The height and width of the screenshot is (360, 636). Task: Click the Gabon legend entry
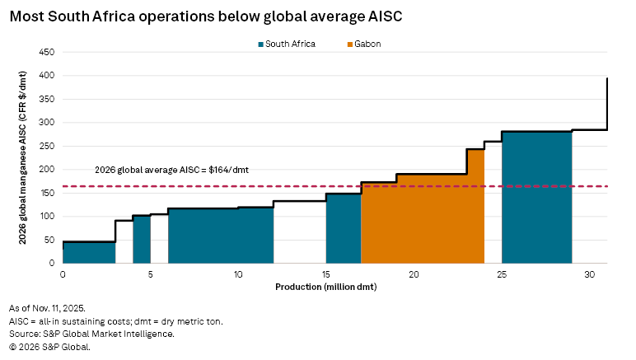tap(367, 44)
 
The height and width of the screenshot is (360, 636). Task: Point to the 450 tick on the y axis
tap(47, 52)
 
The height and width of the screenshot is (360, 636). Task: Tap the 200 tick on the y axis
tap(47, 169)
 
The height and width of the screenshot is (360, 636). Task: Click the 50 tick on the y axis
tap(49, 240)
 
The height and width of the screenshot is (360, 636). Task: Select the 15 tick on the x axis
tap(326, 273)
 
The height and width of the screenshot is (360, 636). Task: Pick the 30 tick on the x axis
tap(589, 273)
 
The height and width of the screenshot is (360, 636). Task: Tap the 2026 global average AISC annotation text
tap(171, 170)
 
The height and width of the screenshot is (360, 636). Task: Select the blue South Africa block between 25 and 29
tap(536, 198)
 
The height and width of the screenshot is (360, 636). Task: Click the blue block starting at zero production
tap(89, 252)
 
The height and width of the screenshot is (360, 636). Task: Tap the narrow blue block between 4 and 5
tap(142, 239)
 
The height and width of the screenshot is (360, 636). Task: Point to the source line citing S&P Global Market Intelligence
tap(91, 334)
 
